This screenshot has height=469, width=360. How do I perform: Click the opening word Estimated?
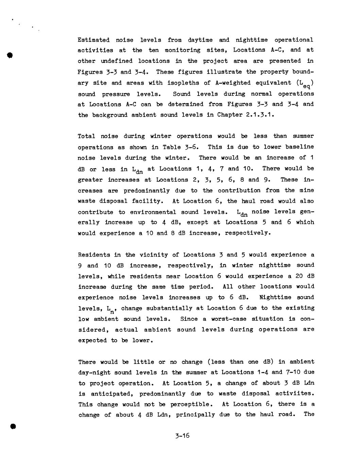click(x=93, y=40)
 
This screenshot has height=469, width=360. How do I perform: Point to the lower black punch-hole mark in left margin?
click(x=13, y=426)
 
